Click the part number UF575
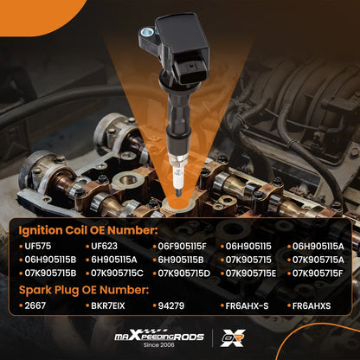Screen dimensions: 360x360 pyautogui.click(x=38, y=246)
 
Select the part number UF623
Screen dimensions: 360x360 pyautogui.click(x=104, y=246)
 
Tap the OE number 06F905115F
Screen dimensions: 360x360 pyautogui.click(x=182, y=247)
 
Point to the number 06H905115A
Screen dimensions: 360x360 pyautogui.click(x=318, y=247)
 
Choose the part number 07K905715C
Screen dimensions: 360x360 pyautogui.click(x=117, y=273)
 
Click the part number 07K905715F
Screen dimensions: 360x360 pyautogui.click(x=318, y=273)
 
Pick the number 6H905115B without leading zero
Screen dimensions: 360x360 pyautogui.click(x=181, y=260)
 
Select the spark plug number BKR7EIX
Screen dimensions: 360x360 pyautogui.click(x=108, y=305)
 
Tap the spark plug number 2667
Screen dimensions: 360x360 pyautogui.click(x=35, y=305)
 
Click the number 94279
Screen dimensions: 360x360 pyautogui.click(x=171, y=305)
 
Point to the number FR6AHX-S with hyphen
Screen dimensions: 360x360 pyautogui.click(x=247, y=305)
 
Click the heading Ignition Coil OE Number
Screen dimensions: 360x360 pyautogui.click(x=88, y=230)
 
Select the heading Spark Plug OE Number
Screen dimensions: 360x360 pyautogui.click(x=84, y=290)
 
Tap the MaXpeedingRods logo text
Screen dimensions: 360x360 pyautogui.click(x=159, y=336)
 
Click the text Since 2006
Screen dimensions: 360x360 pyautogui.click(x=159, y=344)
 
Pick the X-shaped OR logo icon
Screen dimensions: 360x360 pyautogui.click(x=233, y=338)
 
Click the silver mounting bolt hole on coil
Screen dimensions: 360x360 pyautogui.click(x=148, y=31)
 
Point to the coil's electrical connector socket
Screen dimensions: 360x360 pyautogui.click(x=190, y=69)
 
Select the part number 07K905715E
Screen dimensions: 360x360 pyautogui.click(x=251, y=273)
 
